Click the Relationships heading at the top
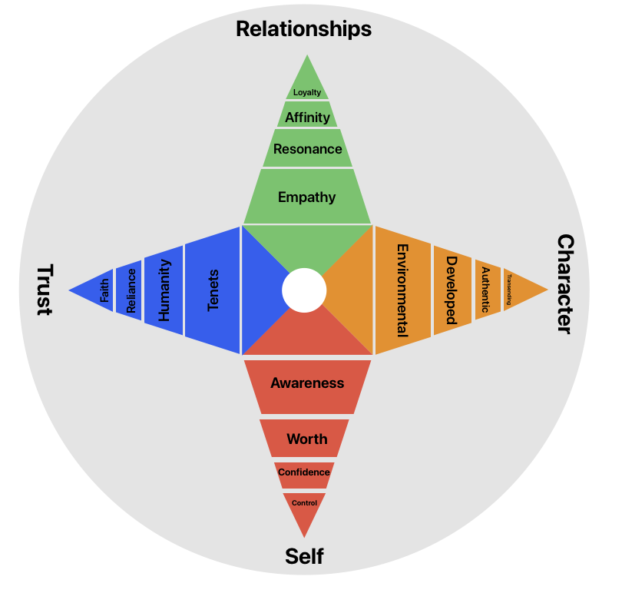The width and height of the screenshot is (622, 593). pyautogui.click(x=303, y=29)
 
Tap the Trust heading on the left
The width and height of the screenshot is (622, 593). pyautogui.click(x=44, y=290)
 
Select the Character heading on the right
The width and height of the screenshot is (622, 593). pyautogui.click(x=564, y=284)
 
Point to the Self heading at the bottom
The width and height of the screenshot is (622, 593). pyautogui.click(x=304, y=555)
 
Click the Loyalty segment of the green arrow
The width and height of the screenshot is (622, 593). pyautogui.click(x=307, y=92)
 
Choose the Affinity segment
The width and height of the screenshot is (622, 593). pyautogui.click(x=307, y=118)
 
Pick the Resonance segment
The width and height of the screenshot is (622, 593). pyautogui.click(x=307, y=149)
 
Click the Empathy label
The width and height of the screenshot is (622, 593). pyautogui.click(x=307, y=197)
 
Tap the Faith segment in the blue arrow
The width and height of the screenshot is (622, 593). pyautogui.click(x=104, y=290)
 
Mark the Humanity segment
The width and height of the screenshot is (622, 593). pyautogui.click(x=164, y=290)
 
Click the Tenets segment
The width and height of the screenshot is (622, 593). pyautogui.click(x=213, y=290)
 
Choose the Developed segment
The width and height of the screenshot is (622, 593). pyautogui.click(x=452, y=290)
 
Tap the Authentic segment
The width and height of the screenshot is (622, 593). pyautogui.click(x=485, y=290)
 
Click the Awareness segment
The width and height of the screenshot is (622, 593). pyautogui.click(x=307, y=383)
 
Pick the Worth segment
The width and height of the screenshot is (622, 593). pyautogui.click(x=306, y=439)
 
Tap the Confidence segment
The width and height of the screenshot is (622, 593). pyautogui.click(x=304, y=472)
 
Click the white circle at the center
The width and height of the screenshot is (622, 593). pyautogui.click(x=304, y=290)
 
